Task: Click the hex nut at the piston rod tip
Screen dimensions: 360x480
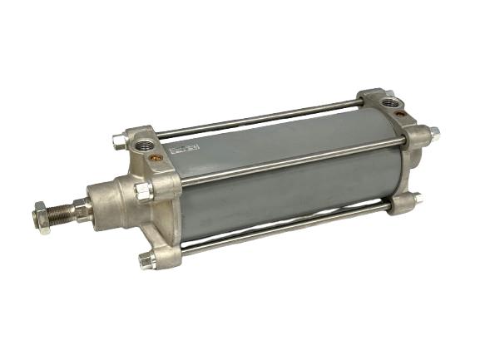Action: (x=42, y=218)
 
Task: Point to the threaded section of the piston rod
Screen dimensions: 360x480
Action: (x=62, y=214)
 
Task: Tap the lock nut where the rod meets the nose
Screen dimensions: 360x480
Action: (x=82, y=209)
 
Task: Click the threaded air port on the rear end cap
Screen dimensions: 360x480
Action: (x=390, y=103)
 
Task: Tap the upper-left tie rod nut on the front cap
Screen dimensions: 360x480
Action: (x=119, y=141)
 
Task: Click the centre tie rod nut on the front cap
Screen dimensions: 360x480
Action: (x=143, y=191)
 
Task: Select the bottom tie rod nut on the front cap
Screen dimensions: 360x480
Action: (x=147, y=260)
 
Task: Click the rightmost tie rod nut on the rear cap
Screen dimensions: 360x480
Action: (x=433, y=133)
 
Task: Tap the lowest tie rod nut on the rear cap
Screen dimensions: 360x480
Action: (x=414, y=200)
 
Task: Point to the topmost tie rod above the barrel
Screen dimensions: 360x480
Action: (x=258, y=119)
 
